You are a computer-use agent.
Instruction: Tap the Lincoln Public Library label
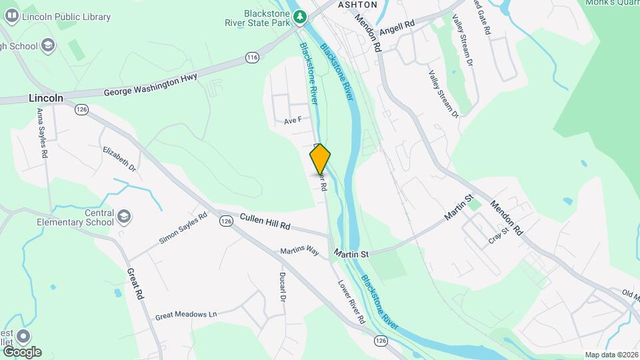pos(66,17)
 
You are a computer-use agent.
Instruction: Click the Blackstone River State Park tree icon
pos(301,15)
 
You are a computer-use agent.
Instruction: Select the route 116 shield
pos(251,58)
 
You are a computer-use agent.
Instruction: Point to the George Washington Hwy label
pos(150,86)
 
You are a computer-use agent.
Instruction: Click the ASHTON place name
pos(357,5)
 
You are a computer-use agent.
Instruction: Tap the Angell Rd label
pos(397,27)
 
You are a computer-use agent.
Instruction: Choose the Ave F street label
pos(293,121)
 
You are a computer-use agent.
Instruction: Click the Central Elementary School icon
pos(124,217)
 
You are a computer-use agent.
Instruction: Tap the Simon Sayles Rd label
pos(183,229)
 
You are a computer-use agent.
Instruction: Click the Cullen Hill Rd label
pos(265,222)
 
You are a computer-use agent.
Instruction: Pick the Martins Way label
pos(299,251)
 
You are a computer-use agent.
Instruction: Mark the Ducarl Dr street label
pos(282,289)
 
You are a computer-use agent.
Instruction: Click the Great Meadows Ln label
pos(186,314)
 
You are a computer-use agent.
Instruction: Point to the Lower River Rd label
pos(351,301)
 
